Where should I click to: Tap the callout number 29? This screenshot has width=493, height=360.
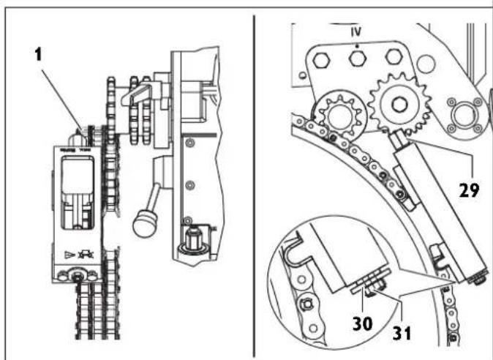coord(469,190)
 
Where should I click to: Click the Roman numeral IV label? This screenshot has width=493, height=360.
coord(357,34)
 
